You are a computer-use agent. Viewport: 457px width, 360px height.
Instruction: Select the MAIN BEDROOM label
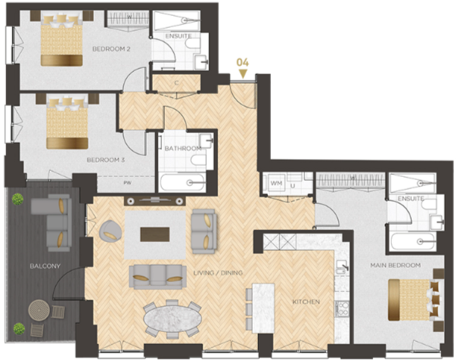(x=390, y=265)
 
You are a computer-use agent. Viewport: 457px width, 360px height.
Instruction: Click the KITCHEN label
(x=306, y=302)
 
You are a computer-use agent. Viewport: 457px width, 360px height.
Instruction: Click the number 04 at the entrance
(x=242, y=62)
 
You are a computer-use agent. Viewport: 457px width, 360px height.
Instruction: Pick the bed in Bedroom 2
(x=61, y=42)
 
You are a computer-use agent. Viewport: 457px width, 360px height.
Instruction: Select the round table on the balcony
(x=39, y=310)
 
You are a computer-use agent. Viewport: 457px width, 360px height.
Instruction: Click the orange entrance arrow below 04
(x=244, y=73)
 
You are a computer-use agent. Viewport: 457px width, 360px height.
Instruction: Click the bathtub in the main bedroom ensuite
(x=412, y=243)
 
